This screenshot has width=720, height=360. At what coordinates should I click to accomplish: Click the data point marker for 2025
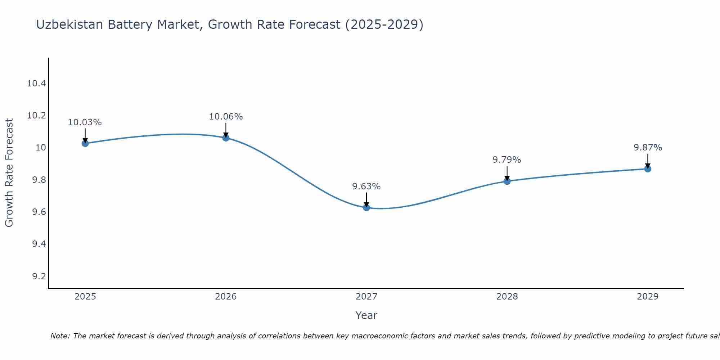85,143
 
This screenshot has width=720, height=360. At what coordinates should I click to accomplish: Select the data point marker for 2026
226,138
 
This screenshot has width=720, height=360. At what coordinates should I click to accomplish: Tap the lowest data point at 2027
366,207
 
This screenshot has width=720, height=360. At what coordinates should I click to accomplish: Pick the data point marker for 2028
507,181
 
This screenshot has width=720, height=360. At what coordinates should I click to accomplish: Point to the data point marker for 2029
648,168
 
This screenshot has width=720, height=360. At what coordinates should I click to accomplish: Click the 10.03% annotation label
85,122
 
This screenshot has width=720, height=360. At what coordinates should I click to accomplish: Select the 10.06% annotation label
226,117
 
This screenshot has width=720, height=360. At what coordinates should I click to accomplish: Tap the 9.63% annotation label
366,186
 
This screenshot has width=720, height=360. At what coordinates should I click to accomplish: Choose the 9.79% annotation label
507,160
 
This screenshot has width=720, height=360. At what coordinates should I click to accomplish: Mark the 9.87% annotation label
648,148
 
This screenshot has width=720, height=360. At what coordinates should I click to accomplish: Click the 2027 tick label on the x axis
366,297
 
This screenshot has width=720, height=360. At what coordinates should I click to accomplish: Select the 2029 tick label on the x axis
648,297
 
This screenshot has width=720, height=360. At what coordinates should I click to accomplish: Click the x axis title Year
366,315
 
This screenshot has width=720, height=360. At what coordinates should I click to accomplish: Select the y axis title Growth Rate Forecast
9,173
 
